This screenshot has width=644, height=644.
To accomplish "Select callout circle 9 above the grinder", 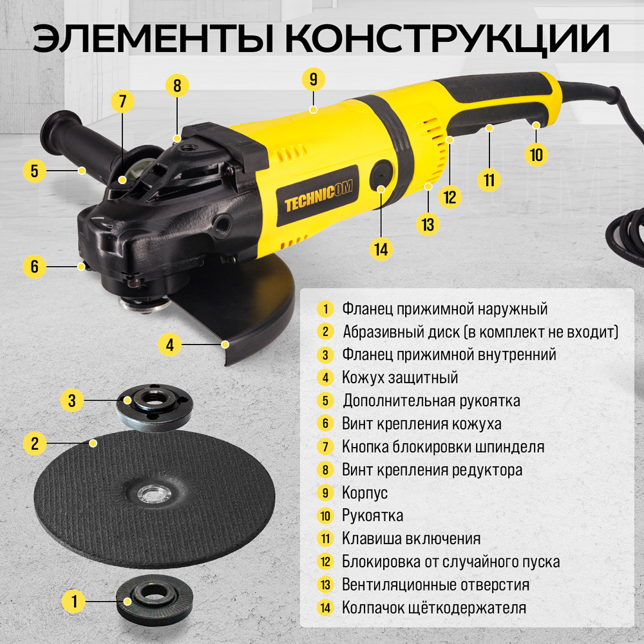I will point(313,79).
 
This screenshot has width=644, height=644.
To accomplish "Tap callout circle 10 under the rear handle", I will point(537,155).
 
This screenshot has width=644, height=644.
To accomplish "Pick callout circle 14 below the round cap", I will point(383,249).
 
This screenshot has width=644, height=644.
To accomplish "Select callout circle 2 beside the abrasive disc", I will point(35,443).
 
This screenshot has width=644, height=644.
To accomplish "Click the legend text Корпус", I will point(365,493).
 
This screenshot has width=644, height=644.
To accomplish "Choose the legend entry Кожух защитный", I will point(400,377).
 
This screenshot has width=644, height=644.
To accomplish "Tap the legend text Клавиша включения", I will point(411,538).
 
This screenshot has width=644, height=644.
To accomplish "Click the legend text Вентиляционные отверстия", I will point(435,585).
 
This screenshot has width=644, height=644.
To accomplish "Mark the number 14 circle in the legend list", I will point(325,607).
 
